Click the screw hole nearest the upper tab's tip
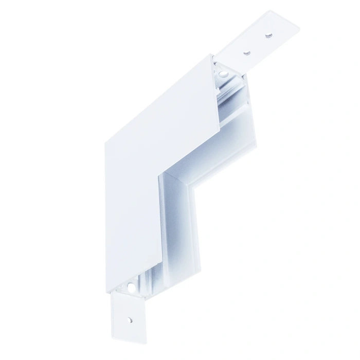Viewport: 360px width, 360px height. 267,36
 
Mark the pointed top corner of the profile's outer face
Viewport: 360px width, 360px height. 211,53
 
